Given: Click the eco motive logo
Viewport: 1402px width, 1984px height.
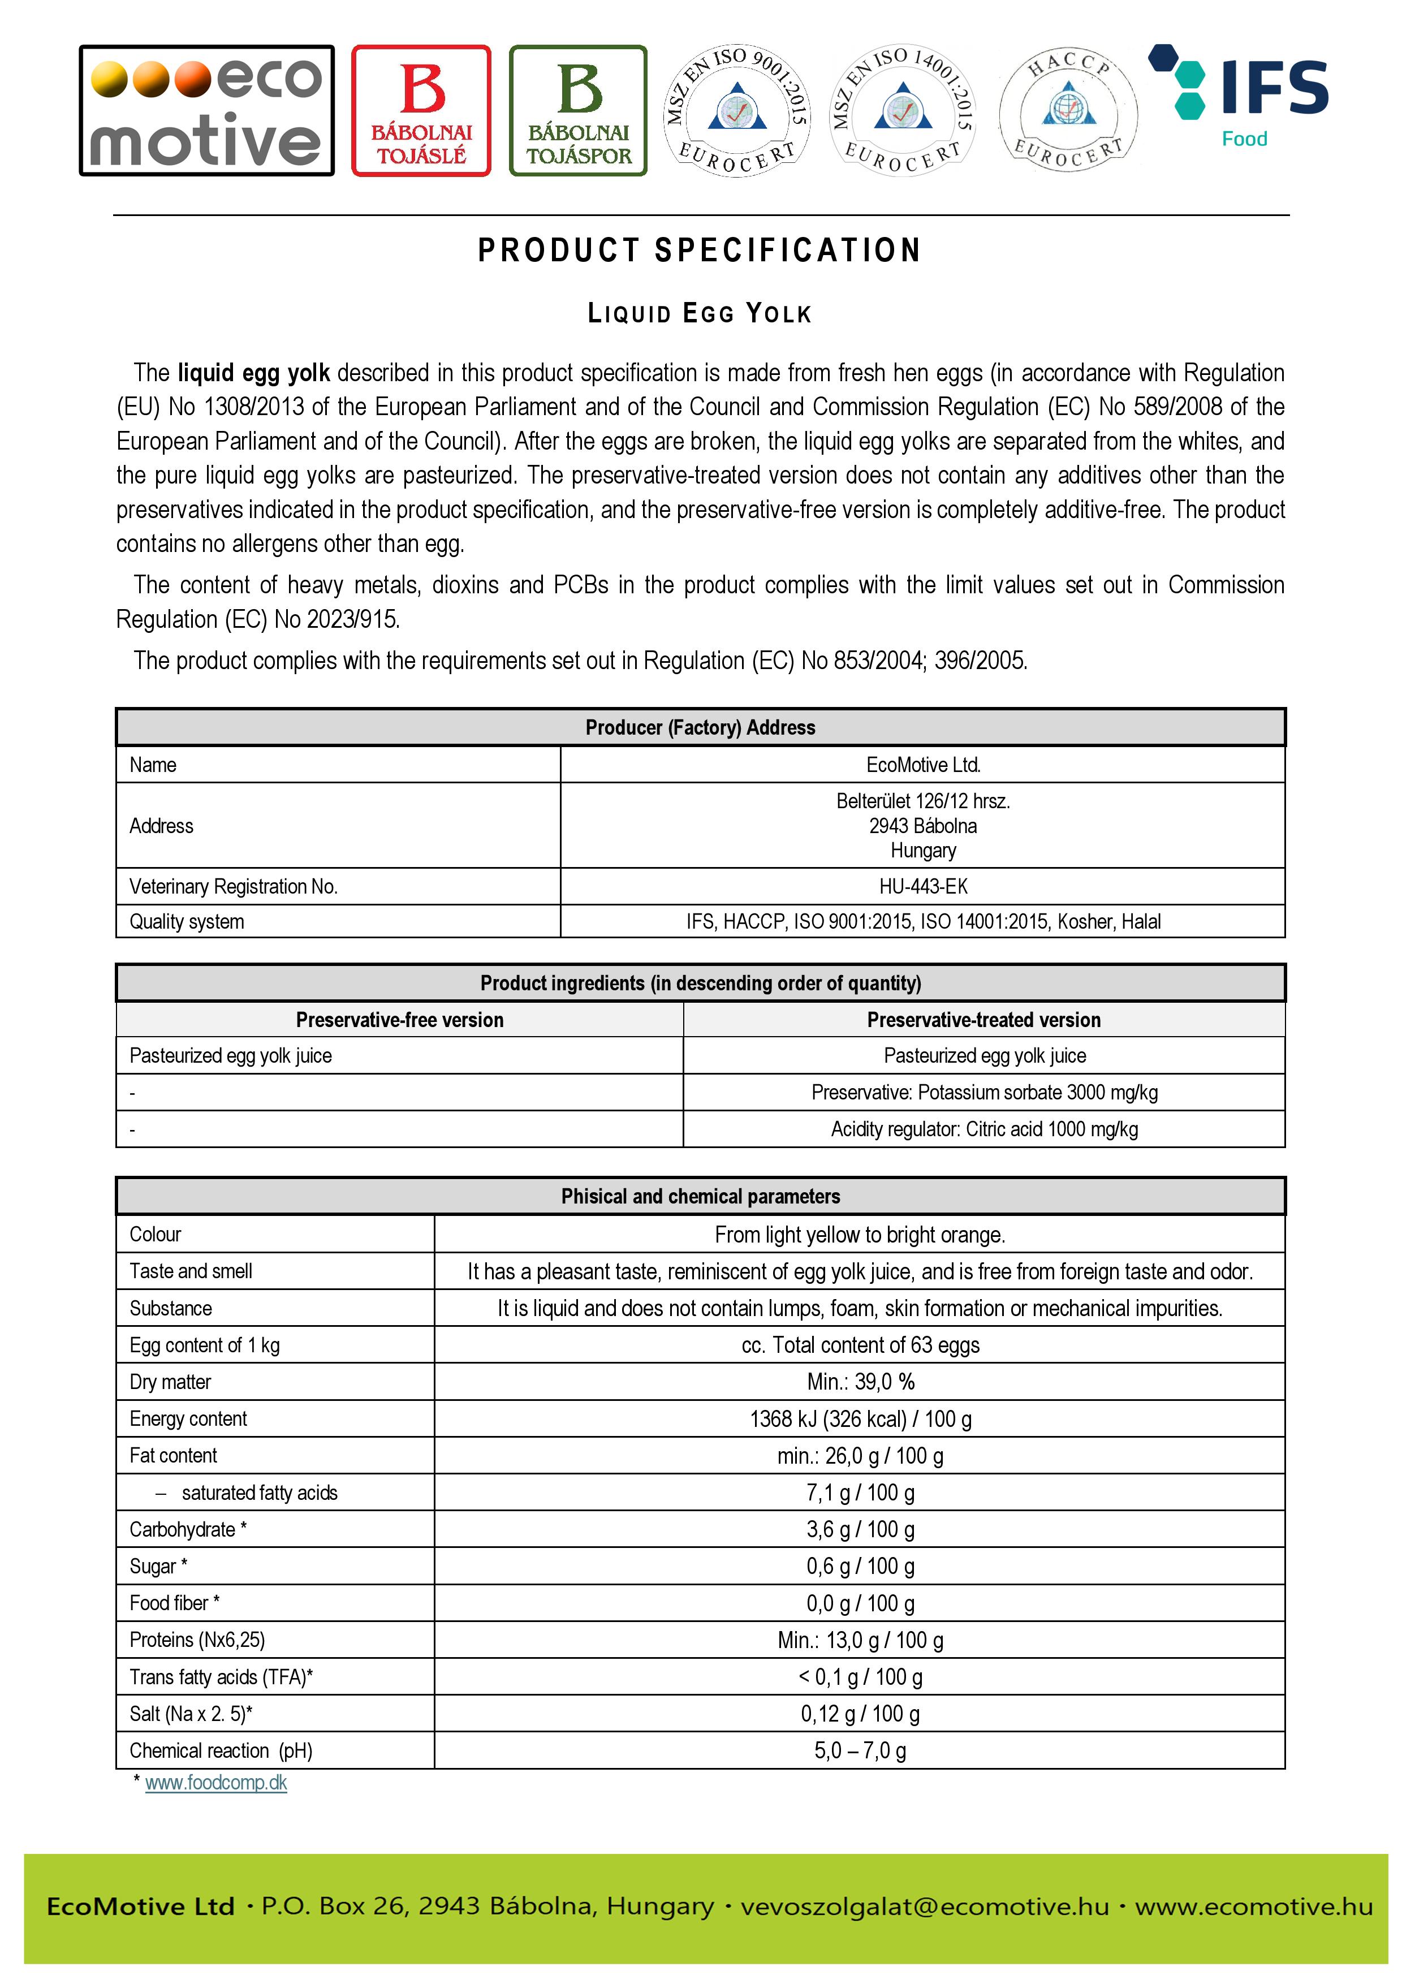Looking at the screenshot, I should point(206,111).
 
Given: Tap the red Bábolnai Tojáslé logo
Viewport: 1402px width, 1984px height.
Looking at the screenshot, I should point(421,111).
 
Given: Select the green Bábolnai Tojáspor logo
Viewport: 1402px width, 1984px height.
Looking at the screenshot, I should point(578,111).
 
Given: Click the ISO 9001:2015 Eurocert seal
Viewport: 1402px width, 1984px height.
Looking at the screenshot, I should point(737,111).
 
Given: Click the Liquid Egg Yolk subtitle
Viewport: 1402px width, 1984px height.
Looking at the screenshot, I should point(700,314).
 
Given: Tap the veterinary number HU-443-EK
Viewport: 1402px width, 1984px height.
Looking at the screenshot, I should point(922,887).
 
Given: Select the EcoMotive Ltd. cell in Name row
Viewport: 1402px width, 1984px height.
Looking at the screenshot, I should point(922,765).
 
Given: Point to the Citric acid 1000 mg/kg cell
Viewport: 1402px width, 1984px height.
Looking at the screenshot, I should point(984,1129).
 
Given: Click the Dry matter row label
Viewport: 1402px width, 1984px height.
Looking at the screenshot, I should point(170,1382).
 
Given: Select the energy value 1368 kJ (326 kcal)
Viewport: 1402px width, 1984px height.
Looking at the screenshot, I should point(860,1419).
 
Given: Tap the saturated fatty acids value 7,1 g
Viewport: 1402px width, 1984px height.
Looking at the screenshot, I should point(860,1493).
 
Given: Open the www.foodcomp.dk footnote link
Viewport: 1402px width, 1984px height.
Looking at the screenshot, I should point(216,1783).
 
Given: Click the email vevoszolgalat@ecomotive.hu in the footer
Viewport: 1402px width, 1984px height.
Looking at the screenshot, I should point(924,1906).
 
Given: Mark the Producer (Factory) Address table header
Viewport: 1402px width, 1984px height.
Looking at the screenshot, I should point(700,727).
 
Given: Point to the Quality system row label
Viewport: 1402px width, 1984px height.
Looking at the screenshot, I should point(187,922).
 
